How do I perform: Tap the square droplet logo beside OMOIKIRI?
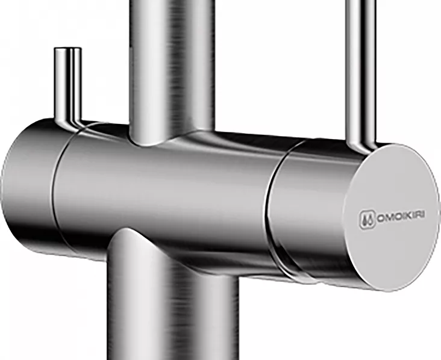click(367, 220)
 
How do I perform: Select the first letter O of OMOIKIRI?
click(381, 218)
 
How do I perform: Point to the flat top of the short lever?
click(68, 49)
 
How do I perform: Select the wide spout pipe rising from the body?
click(172, 70)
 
